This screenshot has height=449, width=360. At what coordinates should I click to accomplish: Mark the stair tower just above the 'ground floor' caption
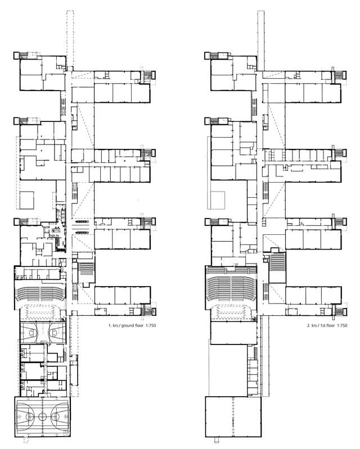[147, 309]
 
